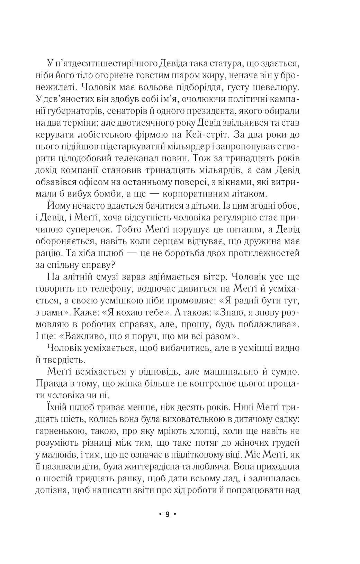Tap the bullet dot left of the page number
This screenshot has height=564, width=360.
(160, 515)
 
